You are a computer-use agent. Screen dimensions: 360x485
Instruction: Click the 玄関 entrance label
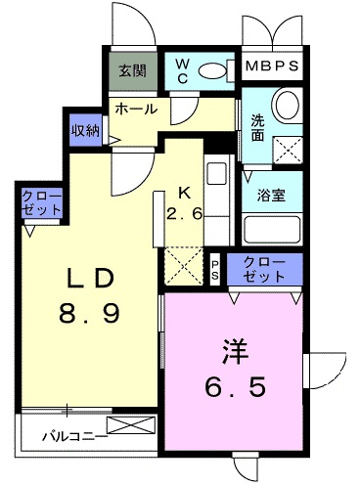132,70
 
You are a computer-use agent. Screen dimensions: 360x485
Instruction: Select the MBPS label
272,66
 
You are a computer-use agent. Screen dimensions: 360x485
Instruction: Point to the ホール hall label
136,109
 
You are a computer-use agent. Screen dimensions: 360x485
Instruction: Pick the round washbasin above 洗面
287,104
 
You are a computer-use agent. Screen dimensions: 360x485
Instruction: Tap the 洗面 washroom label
257,128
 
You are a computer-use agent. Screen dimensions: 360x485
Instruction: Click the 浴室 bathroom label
271,195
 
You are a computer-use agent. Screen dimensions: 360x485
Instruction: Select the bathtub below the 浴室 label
271,230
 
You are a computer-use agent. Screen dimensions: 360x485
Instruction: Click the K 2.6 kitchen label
185,204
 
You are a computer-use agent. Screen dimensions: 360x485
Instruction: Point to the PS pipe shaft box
215,270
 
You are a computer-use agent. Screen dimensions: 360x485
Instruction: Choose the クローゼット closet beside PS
265,270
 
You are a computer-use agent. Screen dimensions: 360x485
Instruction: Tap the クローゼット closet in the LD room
41,203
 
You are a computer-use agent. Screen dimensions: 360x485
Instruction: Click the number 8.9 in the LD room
90,312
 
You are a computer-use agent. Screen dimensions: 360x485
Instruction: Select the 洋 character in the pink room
235,352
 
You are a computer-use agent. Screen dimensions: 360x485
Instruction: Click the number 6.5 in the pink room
235,386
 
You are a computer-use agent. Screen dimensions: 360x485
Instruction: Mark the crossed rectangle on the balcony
131,425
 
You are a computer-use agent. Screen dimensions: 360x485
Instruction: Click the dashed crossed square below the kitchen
184,266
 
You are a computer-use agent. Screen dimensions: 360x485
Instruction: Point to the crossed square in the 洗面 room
288,151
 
